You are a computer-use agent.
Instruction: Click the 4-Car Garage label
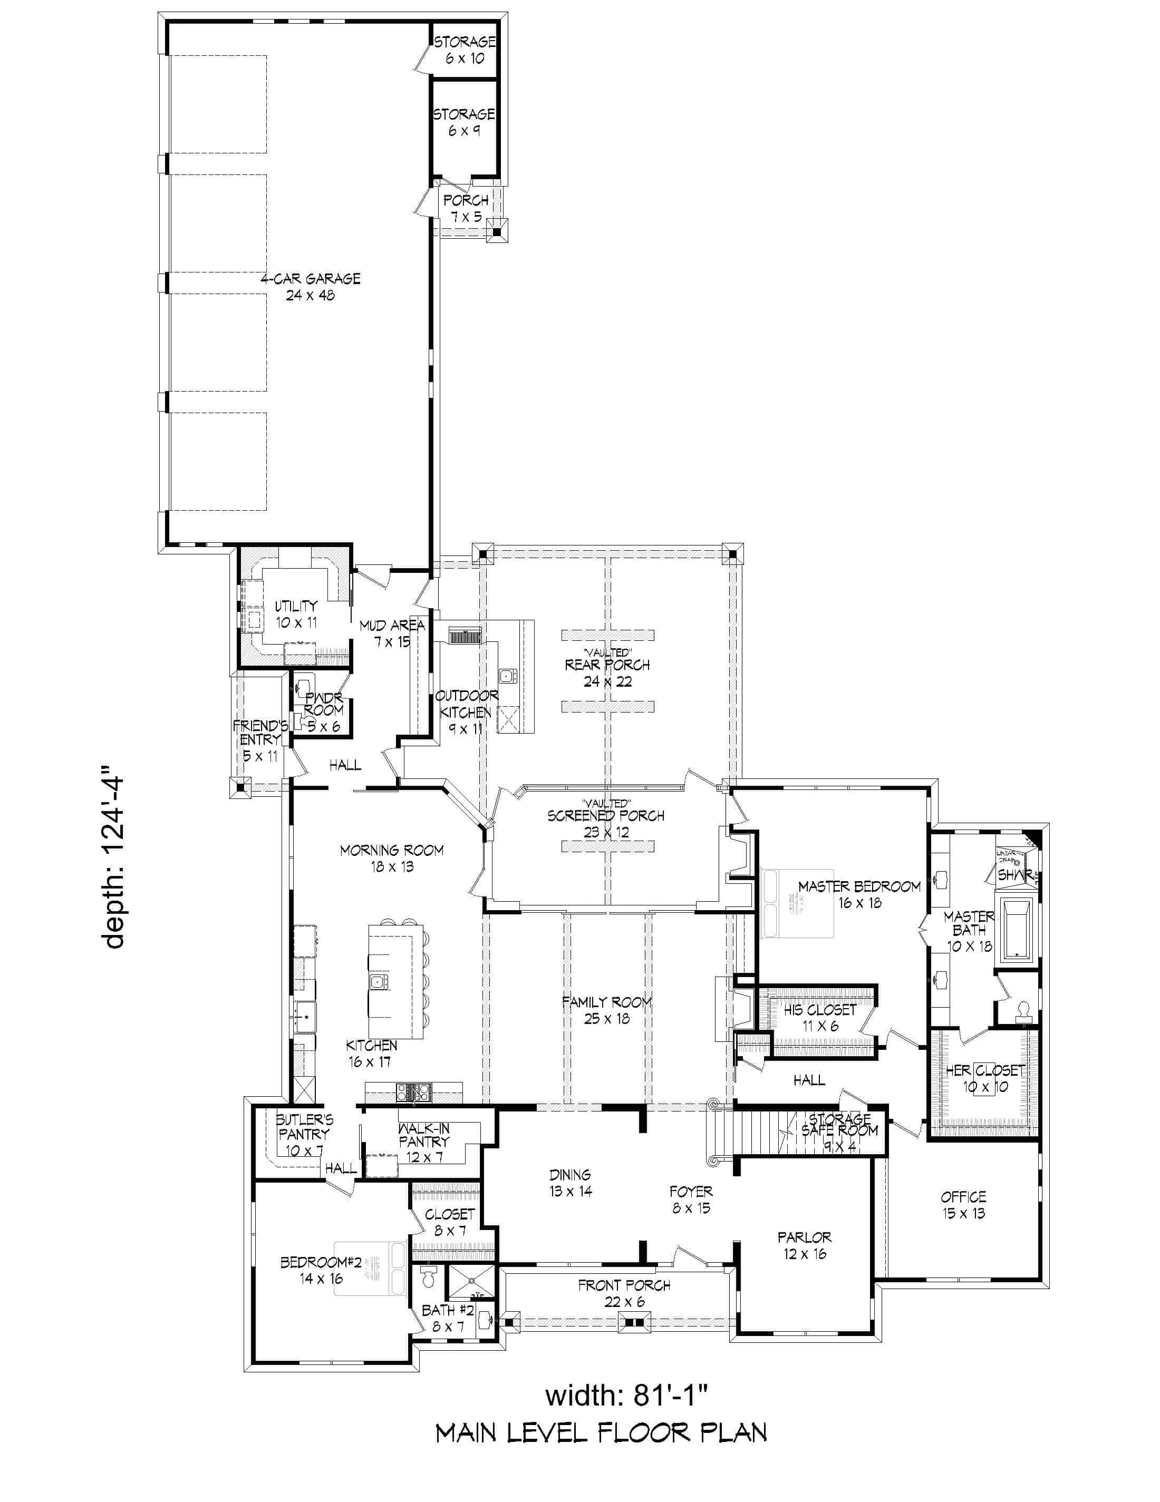coord(310,287)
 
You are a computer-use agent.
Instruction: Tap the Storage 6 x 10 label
coord(465,50)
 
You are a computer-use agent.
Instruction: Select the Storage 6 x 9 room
coord(465,122)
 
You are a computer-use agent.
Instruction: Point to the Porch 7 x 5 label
coord(466,208)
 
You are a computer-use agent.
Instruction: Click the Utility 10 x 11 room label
coord(296,614)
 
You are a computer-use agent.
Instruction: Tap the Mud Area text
coord(392,633)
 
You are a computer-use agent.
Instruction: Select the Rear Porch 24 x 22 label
coord(607,672)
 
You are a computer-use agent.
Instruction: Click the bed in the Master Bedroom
coord(798,904)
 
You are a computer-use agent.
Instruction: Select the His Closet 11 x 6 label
coord(820,1017)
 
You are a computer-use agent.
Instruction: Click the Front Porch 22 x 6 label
coord(623,1293)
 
